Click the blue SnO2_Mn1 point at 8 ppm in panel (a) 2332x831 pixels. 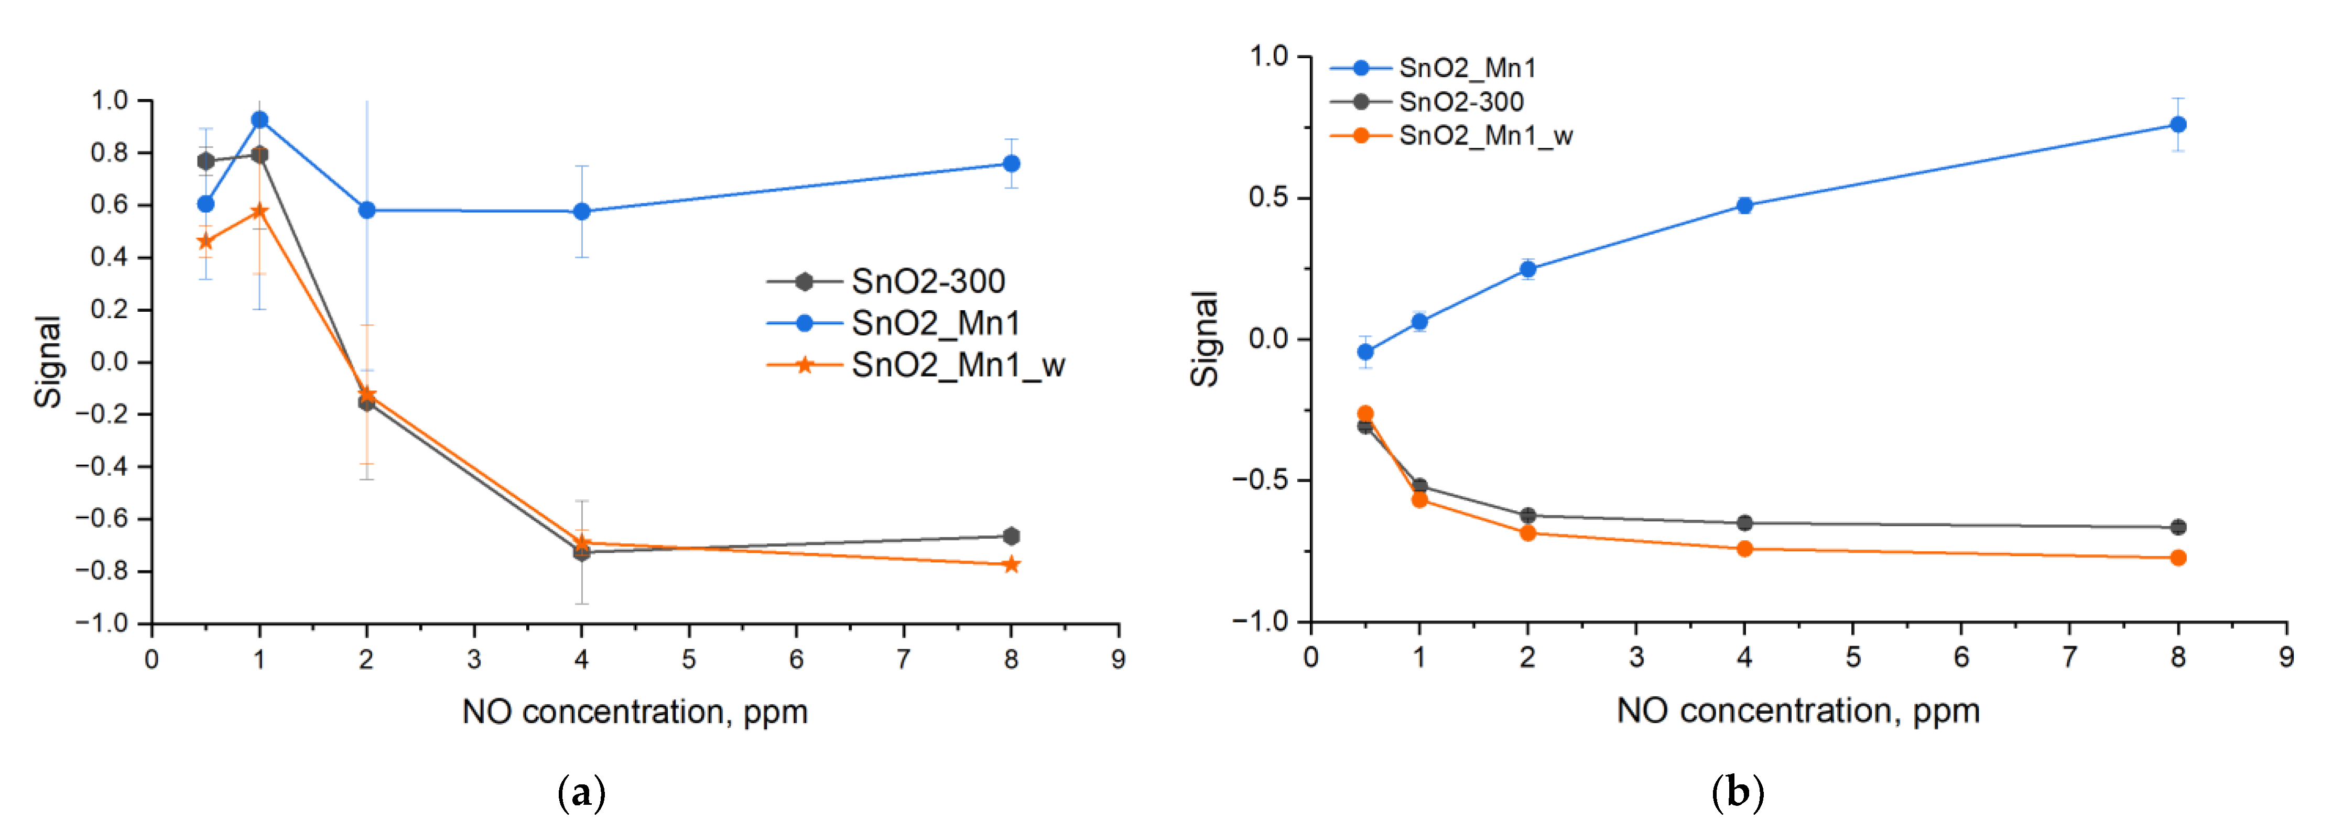click(x=1011, y=164)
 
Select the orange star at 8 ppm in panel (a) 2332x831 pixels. click(x=1011, y=565)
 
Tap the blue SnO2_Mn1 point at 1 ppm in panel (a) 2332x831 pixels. click(x=260, y=119)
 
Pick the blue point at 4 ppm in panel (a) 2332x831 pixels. click(x=581, y=212)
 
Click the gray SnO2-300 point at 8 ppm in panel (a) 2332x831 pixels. click(x=1011, y=536)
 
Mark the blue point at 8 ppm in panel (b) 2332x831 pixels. click(x=2178, y=124)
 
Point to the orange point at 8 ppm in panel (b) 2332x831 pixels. click(x=2178, y=557)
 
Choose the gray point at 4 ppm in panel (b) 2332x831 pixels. click(x=1744, y=523)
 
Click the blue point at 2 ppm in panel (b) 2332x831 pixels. click(x=1528, y=269)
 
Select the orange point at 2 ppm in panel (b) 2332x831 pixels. click(x=1528, y=533)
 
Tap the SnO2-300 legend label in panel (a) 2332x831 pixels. click(x=928, y=281)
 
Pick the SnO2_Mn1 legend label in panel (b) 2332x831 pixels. click(x=1467, y=68)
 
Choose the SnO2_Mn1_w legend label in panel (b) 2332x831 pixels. click(x=1485, y=136)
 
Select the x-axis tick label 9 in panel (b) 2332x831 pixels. click(x=2286, y=657)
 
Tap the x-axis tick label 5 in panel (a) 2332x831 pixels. click(x=689, y=659)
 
